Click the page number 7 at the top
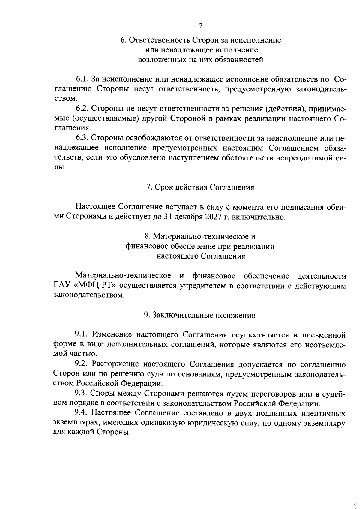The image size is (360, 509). pos(201,26)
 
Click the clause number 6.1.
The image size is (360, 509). pos(81,79)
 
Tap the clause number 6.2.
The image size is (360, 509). pos(81,109)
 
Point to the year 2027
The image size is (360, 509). pos(213,217)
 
